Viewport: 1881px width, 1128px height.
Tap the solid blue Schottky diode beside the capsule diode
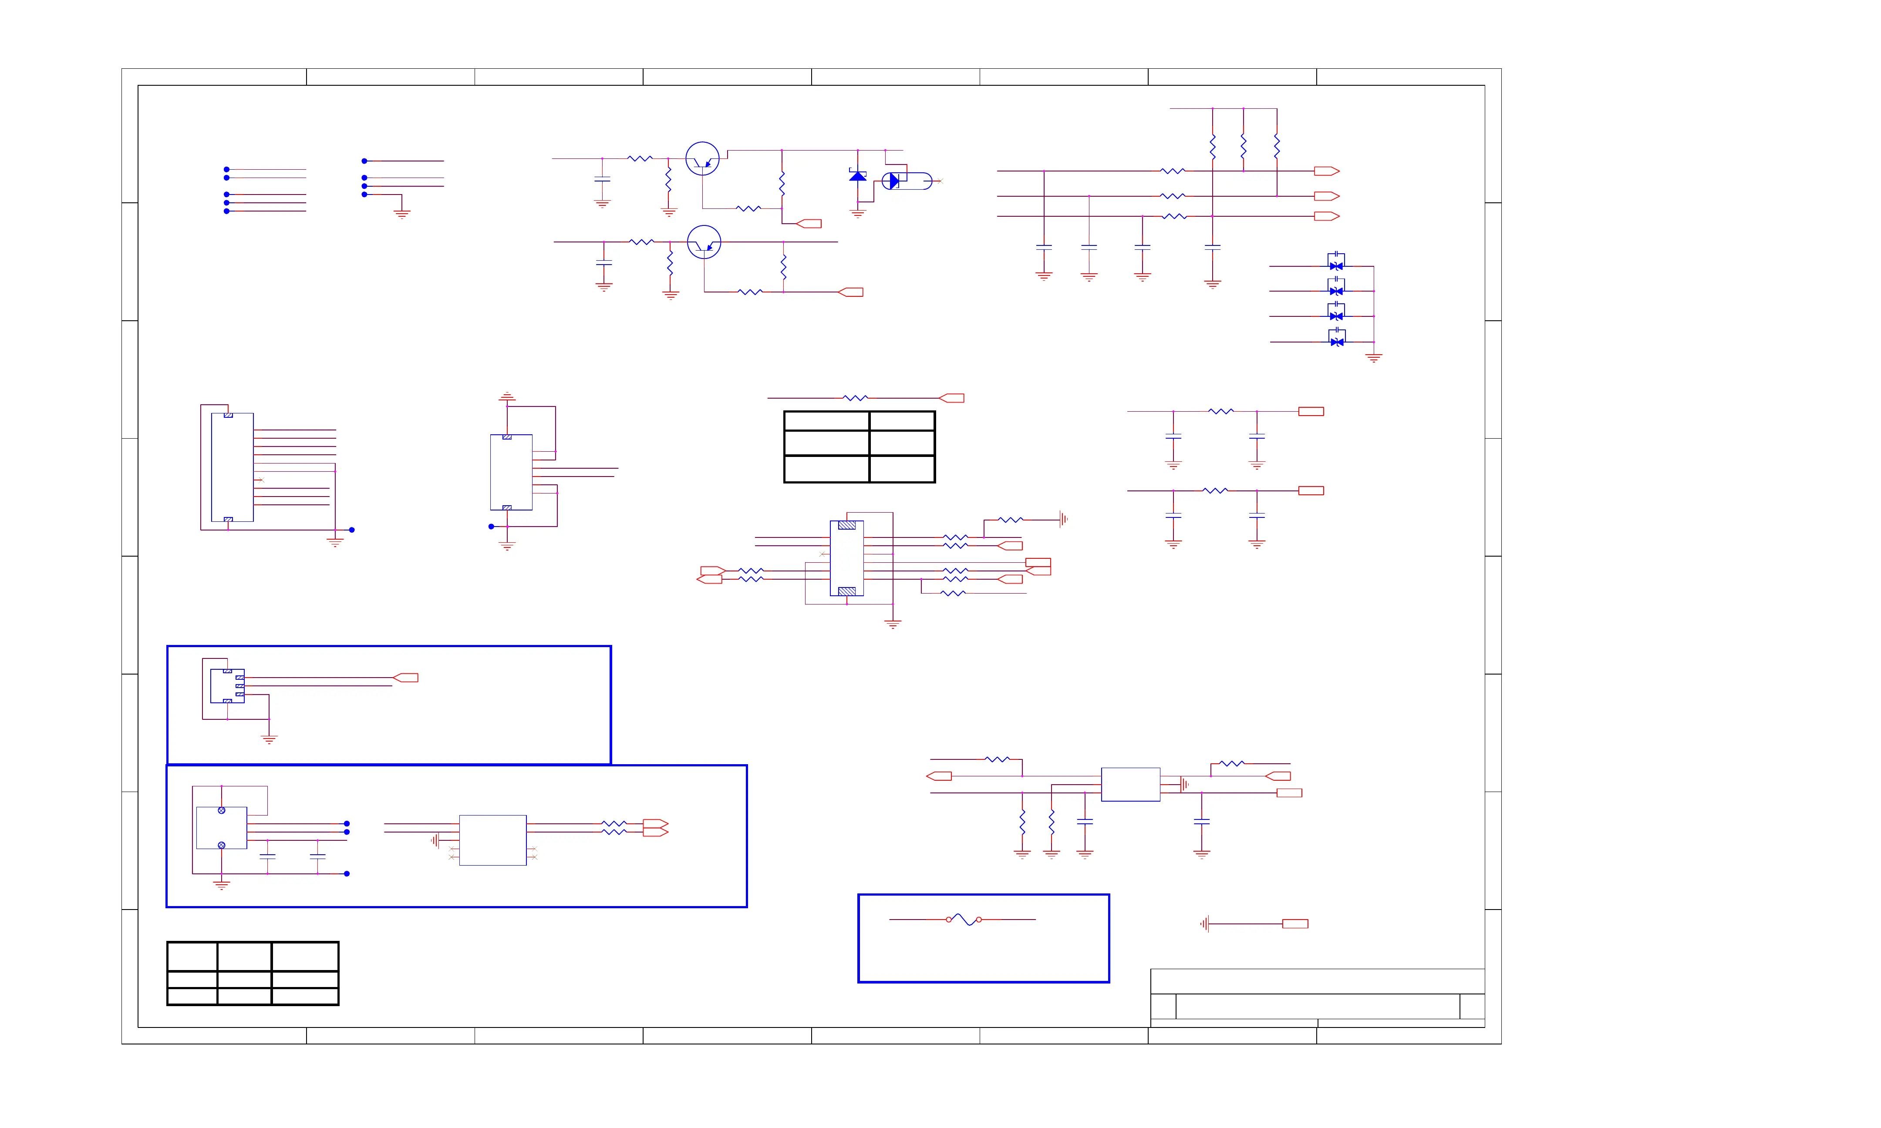pyautogui.click(x=858, y=176)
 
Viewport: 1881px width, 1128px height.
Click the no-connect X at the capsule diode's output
pyautogui.click(x=940, y=181)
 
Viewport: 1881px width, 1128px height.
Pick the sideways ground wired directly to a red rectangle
pyautogui.click(x=1204, y=924)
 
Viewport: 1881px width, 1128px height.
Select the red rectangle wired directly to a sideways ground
pyautogui.click(x=1295, y=924)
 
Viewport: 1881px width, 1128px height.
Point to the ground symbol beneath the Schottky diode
pyautogui.click(x=858, y=214)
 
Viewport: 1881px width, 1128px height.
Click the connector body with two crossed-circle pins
pyautogui.click(x=221, y=828)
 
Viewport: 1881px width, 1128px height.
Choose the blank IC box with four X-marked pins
pyautogui.click(x=493, y=840)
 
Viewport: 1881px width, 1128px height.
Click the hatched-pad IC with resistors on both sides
pyautogui.click(x=846, y=558)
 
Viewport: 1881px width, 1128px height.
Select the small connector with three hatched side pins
pyautogui.click(x=227, y=685)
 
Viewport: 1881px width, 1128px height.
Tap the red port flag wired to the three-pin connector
pyautogui.click(x=406, y=677)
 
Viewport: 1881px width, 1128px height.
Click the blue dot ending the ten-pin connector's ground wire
pyautogui.click(x=351, y=530)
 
